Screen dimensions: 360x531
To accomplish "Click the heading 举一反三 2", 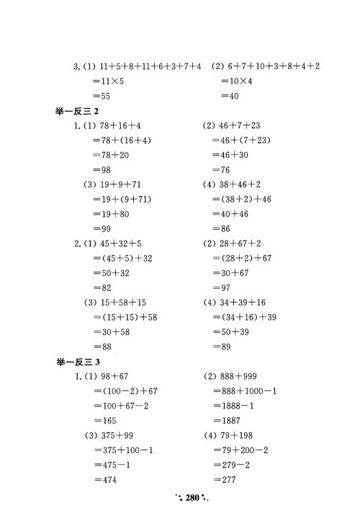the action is click(x=81, y=110).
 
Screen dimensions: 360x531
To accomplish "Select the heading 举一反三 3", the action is click(x=81, y=362).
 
